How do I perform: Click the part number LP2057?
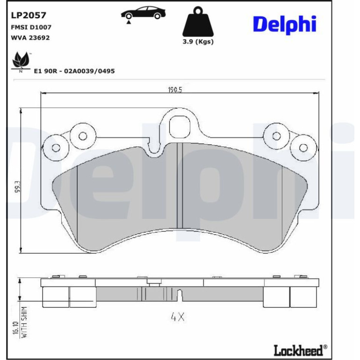[x=29, y=15]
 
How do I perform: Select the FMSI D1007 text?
[x=31, y=27]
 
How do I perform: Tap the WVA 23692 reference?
[x=30, y=38]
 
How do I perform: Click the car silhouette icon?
[x=143, y=14]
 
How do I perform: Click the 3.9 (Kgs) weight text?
[x=198, y=42]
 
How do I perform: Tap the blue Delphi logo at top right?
[x=285, y=24]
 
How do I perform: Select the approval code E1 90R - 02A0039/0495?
[x=74, y=71]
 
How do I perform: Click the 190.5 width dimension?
[x=175, y=90]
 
